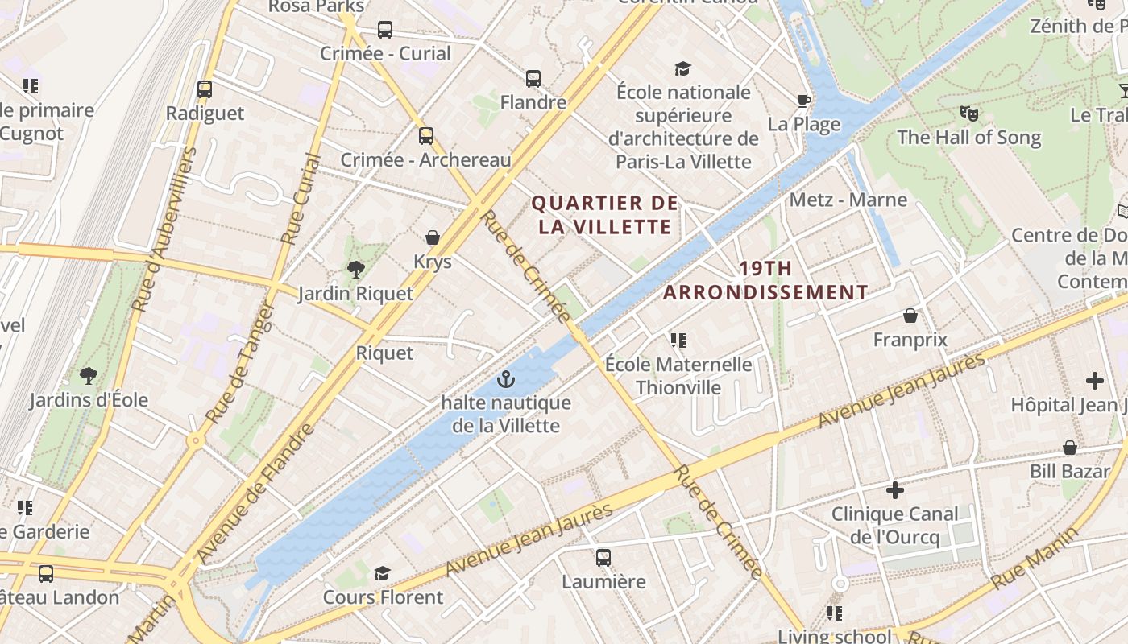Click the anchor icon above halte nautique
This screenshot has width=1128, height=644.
pyautogui.click(x=505, y=378)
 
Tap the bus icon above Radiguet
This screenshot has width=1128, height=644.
pyautogui.click(x=205, y=89)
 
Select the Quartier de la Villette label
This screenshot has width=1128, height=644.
pyautogui.click(x=604, y=215)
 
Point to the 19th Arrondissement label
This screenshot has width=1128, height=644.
pyautogui.click(x=765, y=280)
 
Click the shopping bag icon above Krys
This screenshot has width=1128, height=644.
pyautogui.click(x=433, y=237)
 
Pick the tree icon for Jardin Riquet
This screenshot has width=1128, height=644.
pyautogui.click(x=355, y=269)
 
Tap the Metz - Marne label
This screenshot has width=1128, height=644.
pyautogui.click(x=848, y=200)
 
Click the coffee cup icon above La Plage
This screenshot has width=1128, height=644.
pyautogui.click(x=803, y=100)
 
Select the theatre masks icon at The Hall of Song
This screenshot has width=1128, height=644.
pyautogui.click(x=968, y=113)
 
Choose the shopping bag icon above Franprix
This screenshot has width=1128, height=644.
pyautogui.click(x=910, y=316)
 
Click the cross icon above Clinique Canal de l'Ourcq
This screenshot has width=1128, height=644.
pyautogui.click(x=894, y=489)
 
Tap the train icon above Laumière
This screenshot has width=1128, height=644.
pyautogui.click(x=603, y=557)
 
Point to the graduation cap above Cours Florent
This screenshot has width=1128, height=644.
pyautogui.click(x=382, y=573)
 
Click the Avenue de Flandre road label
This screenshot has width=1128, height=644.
pyautogui.click(x=256, y=493)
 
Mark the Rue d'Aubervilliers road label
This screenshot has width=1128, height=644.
pyautogui.click(x=164, y=230)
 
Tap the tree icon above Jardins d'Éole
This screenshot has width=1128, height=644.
pyautogui.click(x=89, y=375)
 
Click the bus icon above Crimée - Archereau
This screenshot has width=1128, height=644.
pyautogui.click(x=425, y=135)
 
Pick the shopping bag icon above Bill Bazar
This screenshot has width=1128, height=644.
pyautogui.click(x=1070, y=447)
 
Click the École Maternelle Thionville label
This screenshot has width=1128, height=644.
pyautogui.click(x=678, y=376)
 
